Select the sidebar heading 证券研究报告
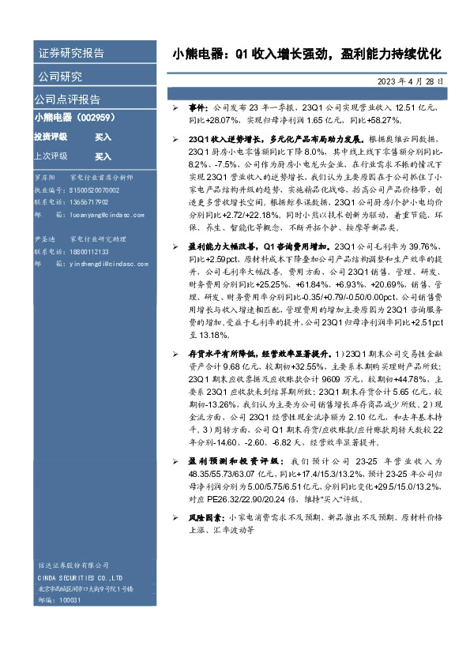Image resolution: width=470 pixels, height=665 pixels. click(x=72, y=54)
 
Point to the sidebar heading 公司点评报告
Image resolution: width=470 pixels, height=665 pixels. click(x=67, y=100)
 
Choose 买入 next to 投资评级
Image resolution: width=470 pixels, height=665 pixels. click(x=103, y=137)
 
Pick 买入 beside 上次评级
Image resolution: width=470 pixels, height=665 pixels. click(x=103, y=156)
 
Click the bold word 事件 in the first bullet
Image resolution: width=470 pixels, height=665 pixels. click(x=197, y=106)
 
